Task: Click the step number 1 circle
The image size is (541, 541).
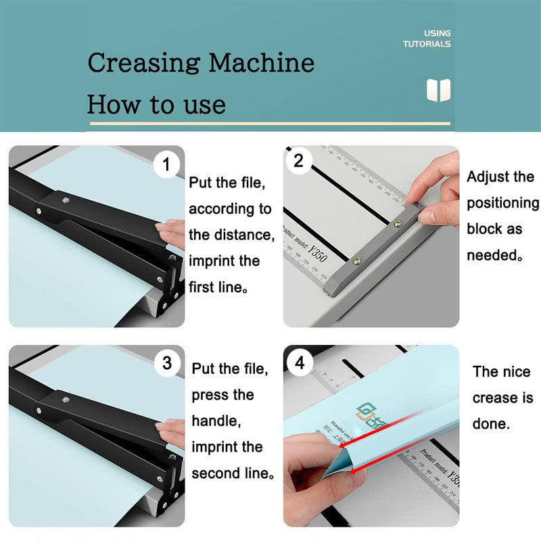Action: (167, 164)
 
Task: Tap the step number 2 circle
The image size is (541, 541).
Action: (299, 161)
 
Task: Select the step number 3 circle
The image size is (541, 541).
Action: (167, 363)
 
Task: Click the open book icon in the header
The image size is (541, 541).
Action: (438, 90)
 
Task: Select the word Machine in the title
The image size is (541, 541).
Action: (261, 63)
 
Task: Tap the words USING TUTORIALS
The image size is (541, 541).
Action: (427, 39)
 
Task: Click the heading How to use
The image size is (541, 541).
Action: (156, 105)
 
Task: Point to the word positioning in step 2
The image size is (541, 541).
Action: (502, 203)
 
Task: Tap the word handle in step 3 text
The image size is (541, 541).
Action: (214, 421)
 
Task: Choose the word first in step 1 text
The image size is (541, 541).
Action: (202, 287)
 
